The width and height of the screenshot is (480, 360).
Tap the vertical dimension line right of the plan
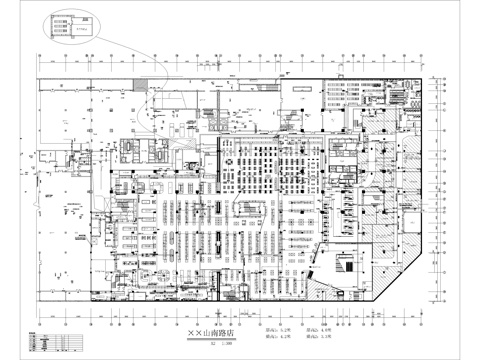439,190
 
